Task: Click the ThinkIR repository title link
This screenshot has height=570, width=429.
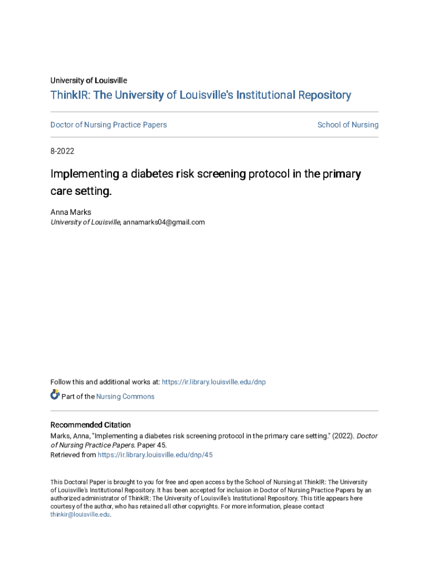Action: [201, 95]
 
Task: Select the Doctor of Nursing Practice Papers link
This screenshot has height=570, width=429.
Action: [109, 125]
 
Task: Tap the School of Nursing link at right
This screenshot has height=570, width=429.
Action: [348, 125]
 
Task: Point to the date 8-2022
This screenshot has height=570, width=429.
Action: [62, 151]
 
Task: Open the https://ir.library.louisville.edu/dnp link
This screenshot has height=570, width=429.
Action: [214, 382]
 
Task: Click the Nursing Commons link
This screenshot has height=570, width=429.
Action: [125, 396]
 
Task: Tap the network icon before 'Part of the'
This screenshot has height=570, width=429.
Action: [55, 395]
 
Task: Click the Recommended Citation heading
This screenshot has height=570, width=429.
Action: [91, 425]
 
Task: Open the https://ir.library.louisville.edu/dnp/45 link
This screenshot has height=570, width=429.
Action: [155, 455]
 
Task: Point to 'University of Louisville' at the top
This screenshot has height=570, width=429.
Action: [89, 81]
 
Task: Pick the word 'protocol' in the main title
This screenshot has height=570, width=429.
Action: [271, 174]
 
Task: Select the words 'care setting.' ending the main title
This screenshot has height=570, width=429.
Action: [81, 191]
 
